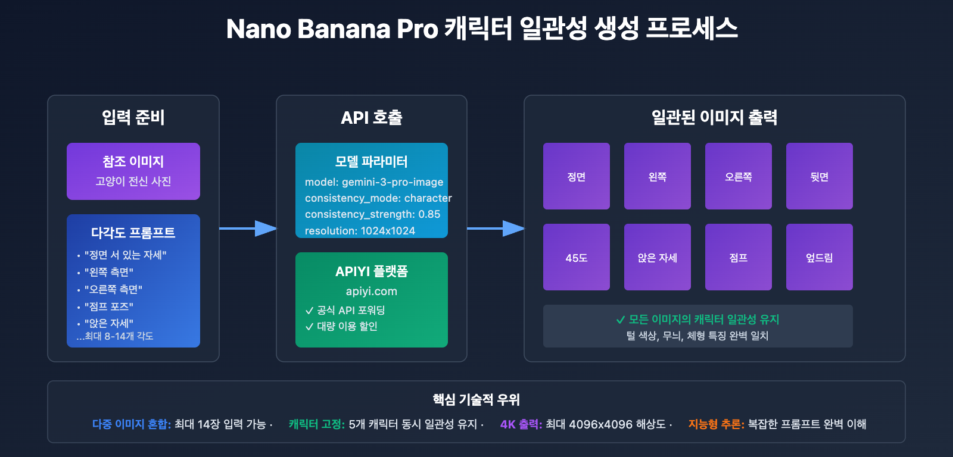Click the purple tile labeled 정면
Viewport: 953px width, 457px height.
[x=576, y=176]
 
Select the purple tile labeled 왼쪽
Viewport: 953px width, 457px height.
[x=657, y=176]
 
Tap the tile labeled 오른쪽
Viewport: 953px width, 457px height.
[x=738, y=176]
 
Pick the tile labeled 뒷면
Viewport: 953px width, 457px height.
[x=819, y=176]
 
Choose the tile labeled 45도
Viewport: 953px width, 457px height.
[x=576, y=257]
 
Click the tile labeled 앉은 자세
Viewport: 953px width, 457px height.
[x=657, y=257]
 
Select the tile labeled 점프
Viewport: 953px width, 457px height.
[x=738, y=257]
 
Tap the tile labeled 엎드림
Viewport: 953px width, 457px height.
[x=819, y=257]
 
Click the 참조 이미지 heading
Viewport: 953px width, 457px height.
[x=133, y=161]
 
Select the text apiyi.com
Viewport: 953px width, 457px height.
[x=371, y=291]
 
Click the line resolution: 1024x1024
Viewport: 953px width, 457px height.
[x=360, y=231]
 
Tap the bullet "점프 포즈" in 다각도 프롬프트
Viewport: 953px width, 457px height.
[x=108, y=306]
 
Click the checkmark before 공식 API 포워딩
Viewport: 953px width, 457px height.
[x=309, y=311]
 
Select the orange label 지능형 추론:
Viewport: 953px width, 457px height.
[x=716, y=424]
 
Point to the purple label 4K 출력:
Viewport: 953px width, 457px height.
[x=521, y=424]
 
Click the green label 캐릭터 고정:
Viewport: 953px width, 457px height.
[x=316, y=424]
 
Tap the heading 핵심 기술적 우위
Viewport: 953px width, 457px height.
[x=476, y=399]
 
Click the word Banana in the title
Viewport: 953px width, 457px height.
[x=344, y=29]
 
